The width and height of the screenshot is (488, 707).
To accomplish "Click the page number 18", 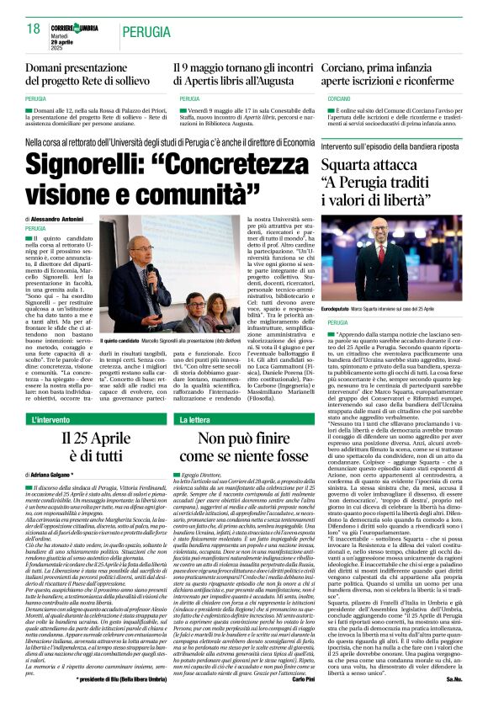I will click(33, 29).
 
